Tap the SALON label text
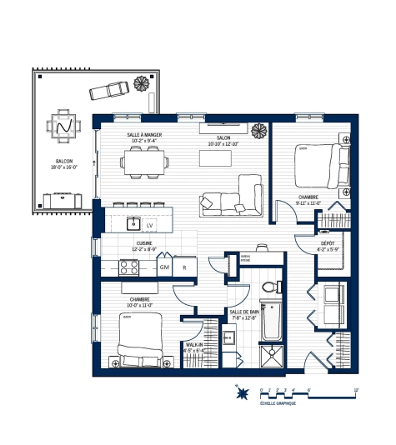pyautogui.click(x=223, y=141)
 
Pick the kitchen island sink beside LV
pyautogui.click(x=132, y=224)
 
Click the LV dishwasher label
pyautogui.click(x=150, y=225)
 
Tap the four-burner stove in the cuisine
pyautogui.click(x=129, y=267)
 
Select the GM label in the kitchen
pyautogui.click(x=164, y=267)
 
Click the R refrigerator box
pyautogui.click(x=184, y=267)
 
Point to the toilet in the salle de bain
pyautogui.click(x=268, y=288)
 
